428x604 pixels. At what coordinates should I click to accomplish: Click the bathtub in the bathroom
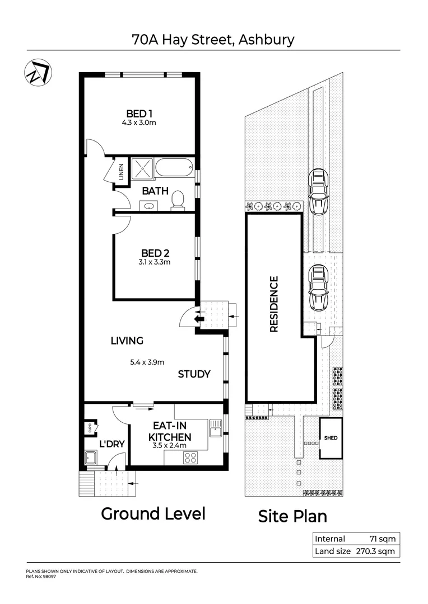174,167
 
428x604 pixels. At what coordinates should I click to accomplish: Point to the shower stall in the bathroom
142,168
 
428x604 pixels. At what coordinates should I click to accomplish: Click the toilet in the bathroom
178,200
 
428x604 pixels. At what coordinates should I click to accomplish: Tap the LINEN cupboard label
121,172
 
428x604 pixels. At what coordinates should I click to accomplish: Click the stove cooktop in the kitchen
191,458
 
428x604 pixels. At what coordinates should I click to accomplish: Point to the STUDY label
194,374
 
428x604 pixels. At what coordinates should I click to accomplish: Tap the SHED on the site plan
331,437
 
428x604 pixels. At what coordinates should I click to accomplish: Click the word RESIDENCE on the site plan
274,304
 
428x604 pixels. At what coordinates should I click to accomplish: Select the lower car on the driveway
318,287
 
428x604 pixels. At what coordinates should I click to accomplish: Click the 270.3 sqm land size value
375,551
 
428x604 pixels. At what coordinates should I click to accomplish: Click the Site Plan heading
292,516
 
